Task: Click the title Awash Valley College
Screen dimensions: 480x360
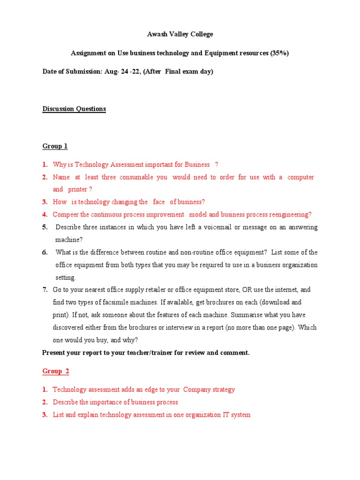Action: click(180, 34)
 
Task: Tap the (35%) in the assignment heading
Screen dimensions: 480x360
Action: click(279, 53)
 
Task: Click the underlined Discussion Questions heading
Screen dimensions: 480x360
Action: click(74, 109)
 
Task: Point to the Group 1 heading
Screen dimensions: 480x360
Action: click(55, 146)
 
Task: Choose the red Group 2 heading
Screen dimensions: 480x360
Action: click(56, 371)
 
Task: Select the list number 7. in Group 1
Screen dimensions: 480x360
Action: click(45, 290)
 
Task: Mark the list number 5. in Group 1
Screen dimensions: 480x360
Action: click(45, 227)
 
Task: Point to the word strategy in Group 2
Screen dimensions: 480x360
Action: click(222, 390)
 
